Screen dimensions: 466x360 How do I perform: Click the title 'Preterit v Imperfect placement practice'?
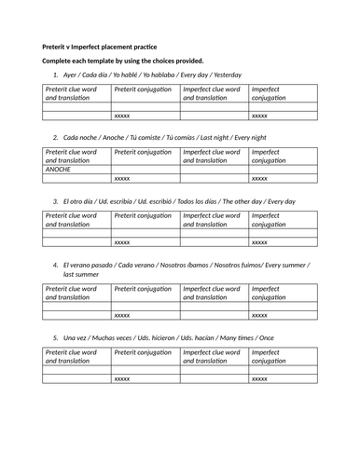tap(100, 47)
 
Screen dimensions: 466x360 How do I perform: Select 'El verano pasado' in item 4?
tap(90, 265)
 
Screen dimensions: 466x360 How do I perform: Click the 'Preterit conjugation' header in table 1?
tap(143, 89)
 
